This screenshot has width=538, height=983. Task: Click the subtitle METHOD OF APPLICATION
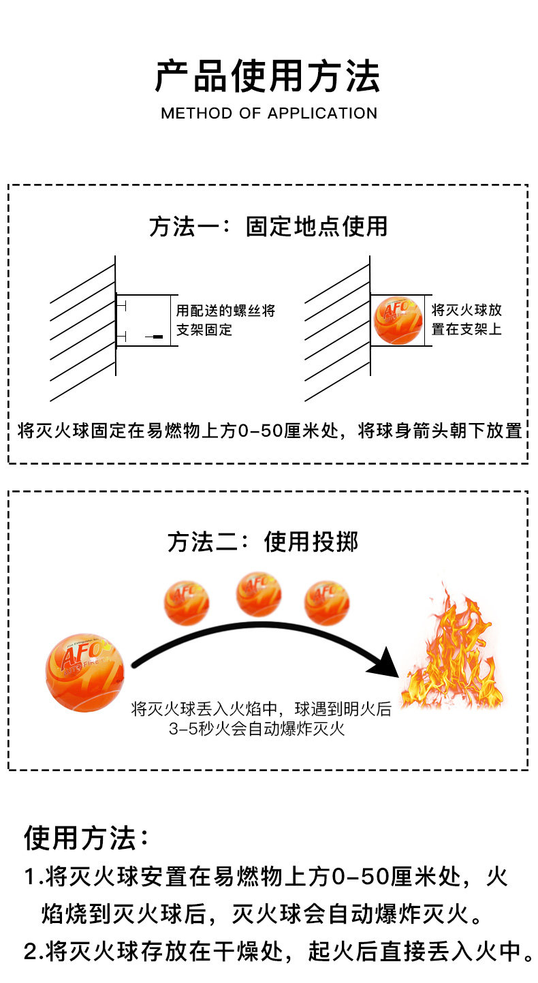(269, 113)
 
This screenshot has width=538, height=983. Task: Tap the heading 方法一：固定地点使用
(268, 226)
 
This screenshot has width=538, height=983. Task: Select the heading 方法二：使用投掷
(263, 542)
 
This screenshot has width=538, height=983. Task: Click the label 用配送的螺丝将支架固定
(225, 320)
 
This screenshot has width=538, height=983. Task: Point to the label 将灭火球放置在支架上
(466, 319)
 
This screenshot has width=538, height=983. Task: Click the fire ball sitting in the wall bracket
(398, 320)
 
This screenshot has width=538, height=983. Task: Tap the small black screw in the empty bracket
(154, 337)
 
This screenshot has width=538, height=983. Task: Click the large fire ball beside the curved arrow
(84, 672)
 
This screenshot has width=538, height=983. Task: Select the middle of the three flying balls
(259, 594)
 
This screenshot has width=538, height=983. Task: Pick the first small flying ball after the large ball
(187, 603)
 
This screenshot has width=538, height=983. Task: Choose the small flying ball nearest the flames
(327, 603)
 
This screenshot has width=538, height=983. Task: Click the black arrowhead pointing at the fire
(383, 662)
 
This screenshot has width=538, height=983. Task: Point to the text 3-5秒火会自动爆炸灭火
(257, 729)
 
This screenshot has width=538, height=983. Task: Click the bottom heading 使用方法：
(86, 838)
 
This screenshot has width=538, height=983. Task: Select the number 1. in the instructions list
(34, 877)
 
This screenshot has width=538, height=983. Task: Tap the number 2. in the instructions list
(34, 952)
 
